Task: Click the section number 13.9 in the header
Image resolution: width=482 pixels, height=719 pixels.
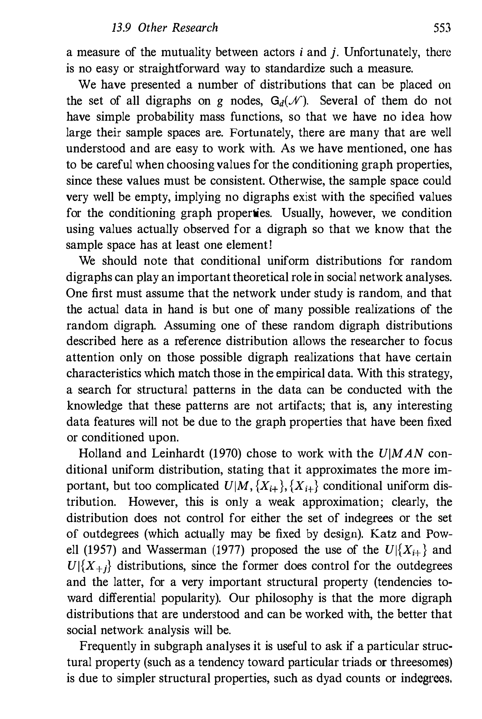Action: coord(121,28)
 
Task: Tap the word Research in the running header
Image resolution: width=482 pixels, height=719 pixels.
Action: coord(195,28)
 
